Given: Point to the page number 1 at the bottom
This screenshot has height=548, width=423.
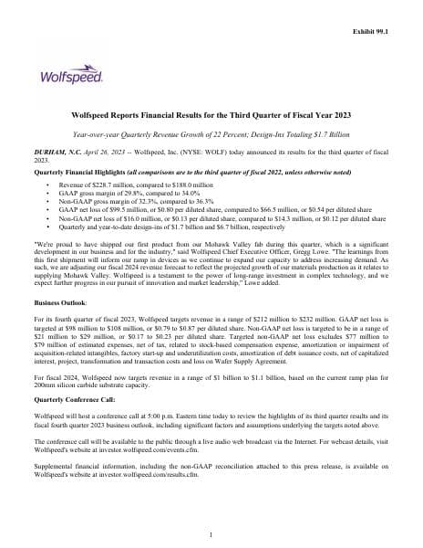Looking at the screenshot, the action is (x=211, y=534).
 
